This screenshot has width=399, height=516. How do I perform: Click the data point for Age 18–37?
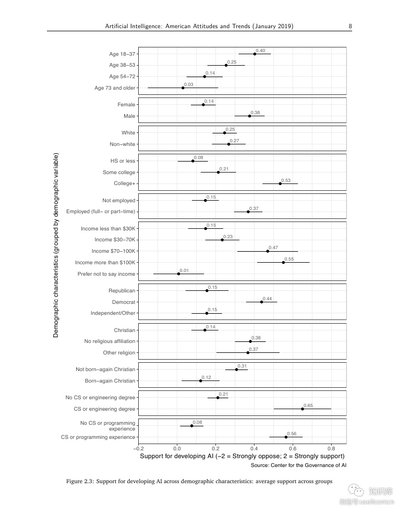[255, 54]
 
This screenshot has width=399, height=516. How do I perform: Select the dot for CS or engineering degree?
[303, 409]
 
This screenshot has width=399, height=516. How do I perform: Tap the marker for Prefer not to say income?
[179, 274]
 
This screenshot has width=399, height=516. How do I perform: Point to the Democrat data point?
[262, 302]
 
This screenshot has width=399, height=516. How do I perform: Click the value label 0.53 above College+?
[286, 180]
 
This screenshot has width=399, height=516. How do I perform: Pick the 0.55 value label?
[289, 259]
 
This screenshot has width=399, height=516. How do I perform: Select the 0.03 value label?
[189, 84]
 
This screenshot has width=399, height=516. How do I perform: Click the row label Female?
[126, 105]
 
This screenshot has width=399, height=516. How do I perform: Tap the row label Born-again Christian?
[110, 381]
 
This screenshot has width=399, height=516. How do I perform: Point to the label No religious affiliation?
[110, 341]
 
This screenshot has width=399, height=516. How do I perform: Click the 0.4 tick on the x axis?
[254, 448]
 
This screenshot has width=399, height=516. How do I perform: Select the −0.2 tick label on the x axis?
[138, 448]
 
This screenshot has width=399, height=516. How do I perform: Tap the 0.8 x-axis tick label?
[331, 448]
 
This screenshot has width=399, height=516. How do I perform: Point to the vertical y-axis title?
[56, 245]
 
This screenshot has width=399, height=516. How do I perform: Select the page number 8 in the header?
[350, 26]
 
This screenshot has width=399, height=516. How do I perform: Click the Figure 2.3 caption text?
[199, 481]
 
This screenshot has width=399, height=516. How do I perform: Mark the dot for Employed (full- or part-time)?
[248, 212]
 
